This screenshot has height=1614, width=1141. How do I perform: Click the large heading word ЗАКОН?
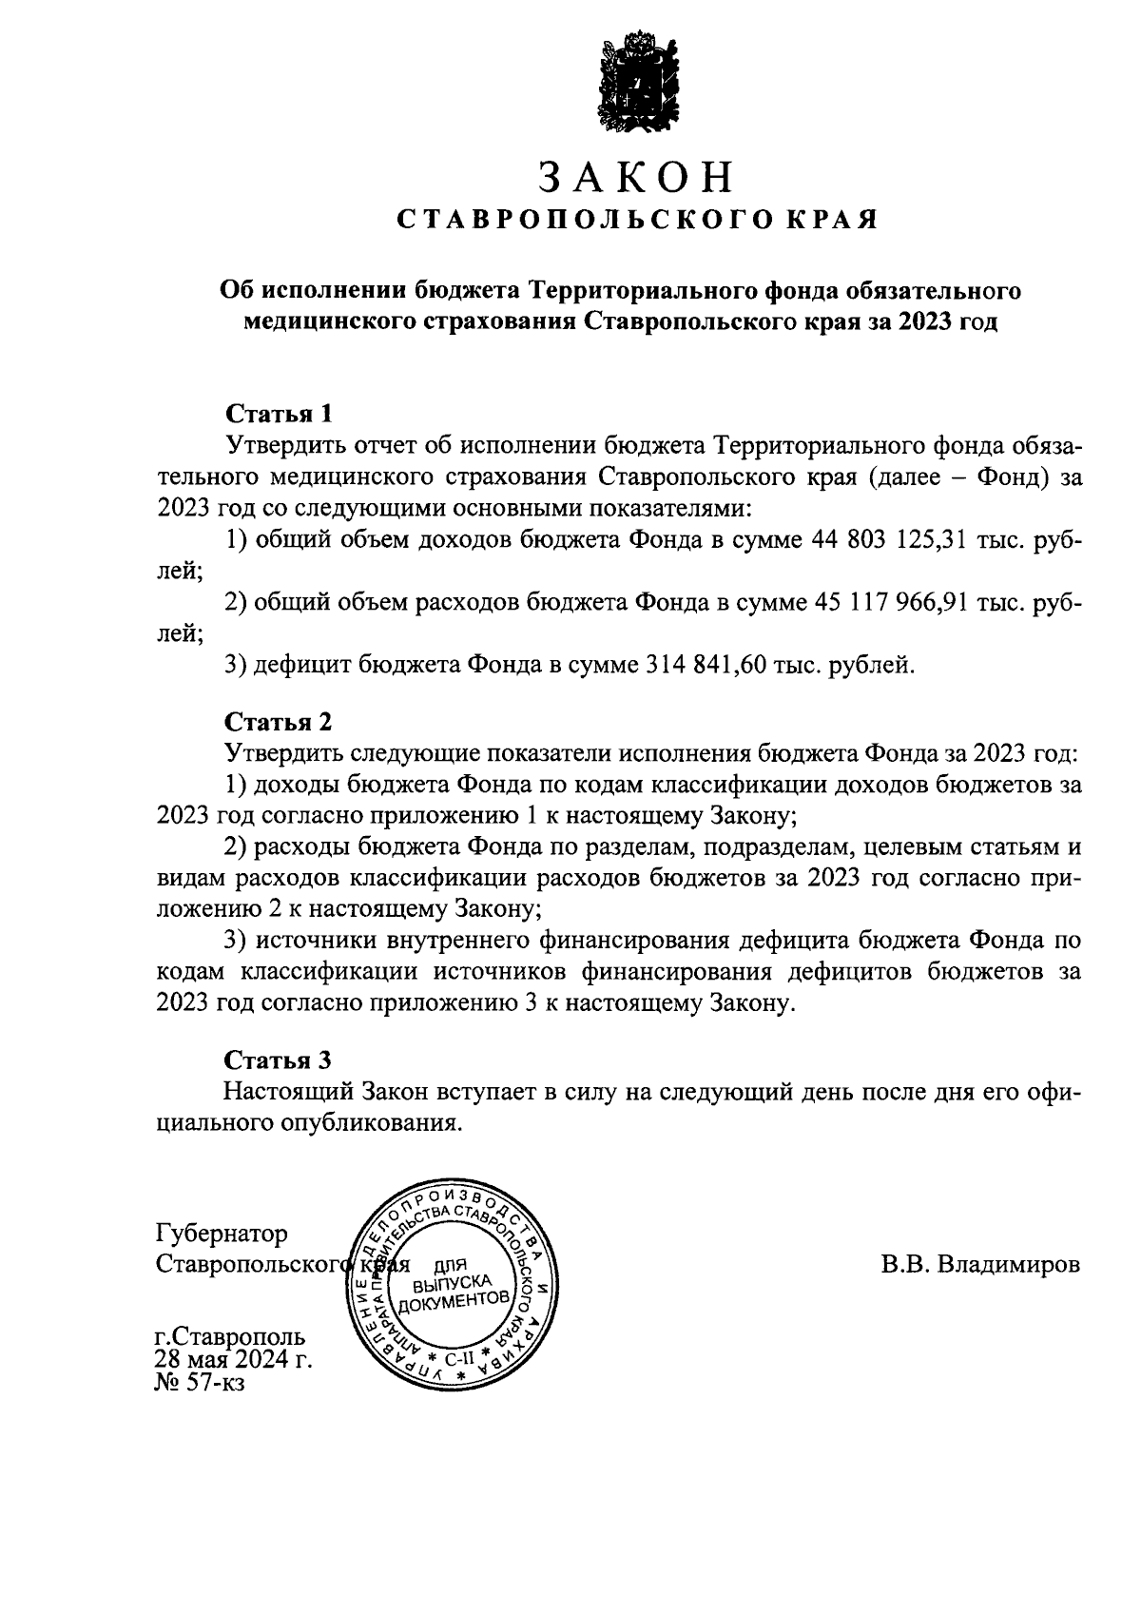coord(636,178)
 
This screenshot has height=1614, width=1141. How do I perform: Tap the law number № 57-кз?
coord(200,1383)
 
